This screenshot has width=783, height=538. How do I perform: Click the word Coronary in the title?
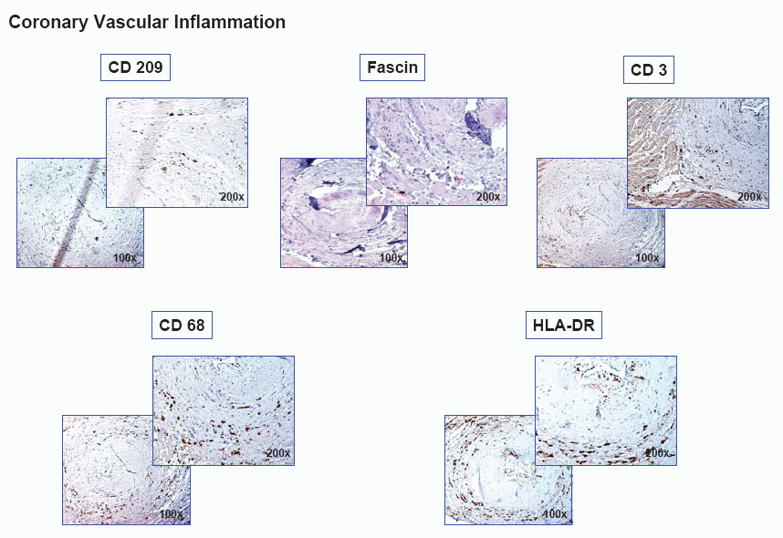(x=48, y=23)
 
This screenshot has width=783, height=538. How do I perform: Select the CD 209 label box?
(x=135, y=67)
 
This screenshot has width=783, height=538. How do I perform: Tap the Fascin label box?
(x=392, y=67)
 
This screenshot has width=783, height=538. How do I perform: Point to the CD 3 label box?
(x=649, y=70)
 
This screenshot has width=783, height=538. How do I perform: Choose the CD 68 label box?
(x=182, y=326)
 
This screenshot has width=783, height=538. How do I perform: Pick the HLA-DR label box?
(x=564, y=326)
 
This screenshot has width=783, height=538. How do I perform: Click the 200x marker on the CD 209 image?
(x=232, y=197)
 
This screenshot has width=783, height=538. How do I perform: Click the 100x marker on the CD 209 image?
(x=125, y=258)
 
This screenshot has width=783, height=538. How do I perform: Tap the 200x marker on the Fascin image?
(x=488, y=197)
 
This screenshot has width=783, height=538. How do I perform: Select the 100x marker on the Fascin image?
(x=391, y=258)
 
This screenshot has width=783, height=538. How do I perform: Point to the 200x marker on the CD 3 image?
(x=749, y=197)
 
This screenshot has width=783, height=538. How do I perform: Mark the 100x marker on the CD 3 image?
(x=647, y=258)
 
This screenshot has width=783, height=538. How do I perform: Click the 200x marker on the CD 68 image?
(x=278, y=452)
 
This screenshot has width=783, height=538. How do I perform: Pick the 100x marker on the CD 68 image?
(x=171, y=514)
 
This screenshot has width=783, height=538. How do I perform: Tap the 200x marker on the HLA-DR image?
(x=658, y=452)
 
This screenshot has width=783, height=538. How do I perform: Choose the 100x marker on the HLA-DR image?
(x=555, y=514)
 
